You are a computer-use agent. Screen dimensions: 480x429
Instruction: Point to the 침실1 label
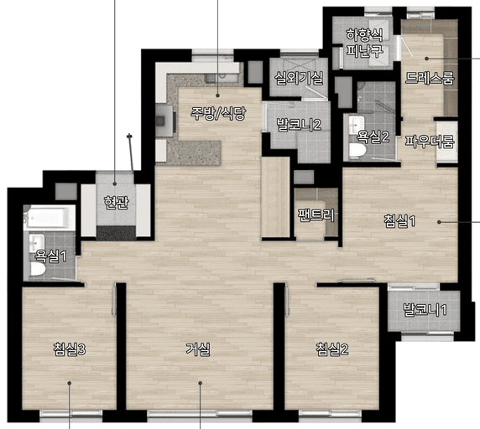[399, 221]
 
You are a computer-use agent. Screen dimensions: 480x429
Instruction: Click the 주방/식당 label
[218, 113]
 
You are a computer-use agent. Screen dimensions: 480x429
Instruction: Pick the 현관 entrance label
[116, 202]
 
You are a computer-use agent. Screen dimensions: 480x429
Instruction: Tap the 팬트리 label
[316, 215]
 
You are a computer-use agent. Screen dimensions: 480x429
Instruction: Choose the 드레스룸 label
[429, 78]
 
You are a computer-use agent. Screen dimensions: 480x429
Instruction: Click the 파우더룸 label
[429, 142]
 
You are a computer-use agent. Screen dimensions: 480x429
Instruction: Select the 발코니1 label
[425, 310]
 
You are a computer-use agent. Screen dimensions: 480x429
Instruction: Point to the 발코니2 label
[299, 125]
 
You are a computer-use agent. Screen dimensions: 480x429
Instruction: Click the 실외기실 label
[299, 78]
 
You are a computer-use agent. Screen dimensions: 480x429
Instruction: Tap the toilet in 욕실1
[38, 269]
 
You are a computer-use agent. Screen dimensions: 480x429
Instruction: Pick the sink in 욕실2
[357, 124]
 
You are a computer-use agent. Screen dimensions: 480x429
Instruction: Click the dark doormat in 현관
[117, 233]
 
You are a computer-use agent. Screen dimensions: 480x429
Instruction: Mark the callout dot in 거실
[201, 383]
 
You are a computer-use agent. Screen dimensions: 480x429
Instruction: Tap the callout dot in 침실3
[70, 383]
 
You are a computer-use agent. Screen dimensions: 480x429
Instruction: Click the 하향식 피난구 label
[364, 43]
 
